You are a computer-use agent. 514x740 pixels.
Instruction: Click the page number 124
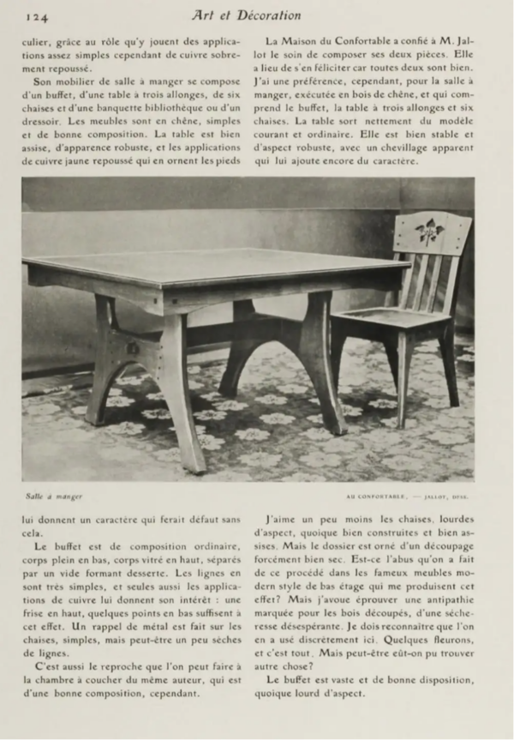[35, 15]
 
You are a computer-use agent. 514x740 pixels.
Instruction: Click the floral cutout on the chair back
[429, 229]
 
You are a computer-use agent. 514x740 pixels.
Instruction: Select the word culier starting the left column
[39, 40]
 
